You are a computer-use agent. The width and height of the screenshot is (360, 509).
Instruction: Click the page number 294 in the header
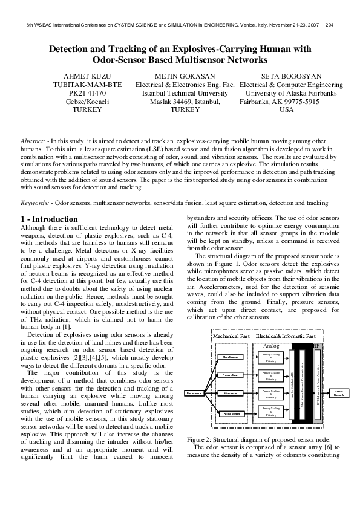[329, 25]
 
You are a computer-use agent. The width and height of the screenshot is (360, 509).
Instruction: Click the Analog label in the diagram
[272, 345]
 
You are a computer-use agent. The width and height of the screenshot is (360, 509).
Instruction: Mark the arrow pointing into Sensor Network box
[326, 393]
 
